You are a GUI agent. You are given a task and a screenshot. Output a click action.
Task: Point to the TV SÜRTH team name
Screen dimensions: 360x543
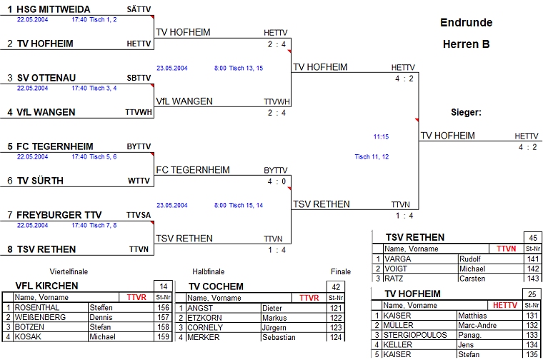tap(40, 181)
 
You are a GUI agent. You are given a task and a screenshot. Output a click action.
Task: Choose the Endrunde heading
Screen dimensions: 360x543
tap(466, 22)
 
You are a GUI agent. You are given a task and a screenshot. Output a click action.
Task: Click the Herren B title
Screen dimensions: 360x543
tap(466, 44)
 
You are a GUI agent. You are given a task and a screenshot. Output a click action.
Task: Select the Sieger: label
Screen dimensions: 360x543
tap(466, 112)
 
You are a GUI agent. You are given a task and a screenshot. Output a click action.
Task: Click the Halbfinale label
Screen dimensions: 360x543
tap(208, 271)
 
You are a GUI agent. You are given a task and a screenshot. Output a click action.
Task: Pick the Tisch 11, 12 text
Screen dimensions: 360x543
tap(372, 156)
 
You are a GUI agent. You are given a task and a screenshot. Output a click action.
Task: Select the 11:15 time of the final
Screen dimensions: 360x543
tap(381, 136)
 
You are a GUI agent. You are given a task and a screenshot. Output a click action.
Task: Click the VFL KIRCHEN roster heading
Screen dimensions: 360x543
tap(46, 286)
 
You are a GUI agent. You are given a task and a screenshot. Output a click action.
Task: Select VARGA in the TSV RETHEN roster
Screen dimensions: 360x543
tap(397, 259)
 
